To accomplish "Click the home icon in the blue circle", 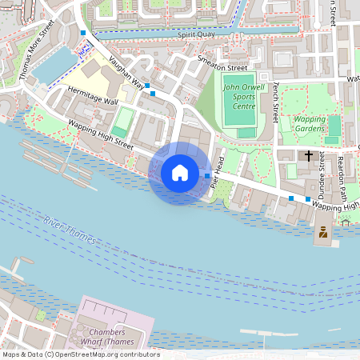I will click(180, 173).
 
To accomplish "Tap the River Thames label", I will click(70, 230).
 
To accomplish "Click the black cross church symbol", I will click(309, 154).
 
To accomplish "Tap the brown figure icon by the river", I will click(323, 233).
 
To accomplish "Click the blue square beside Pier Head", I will click(207, 175).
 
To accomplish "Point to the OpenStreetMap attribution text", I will click(81, 354).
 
